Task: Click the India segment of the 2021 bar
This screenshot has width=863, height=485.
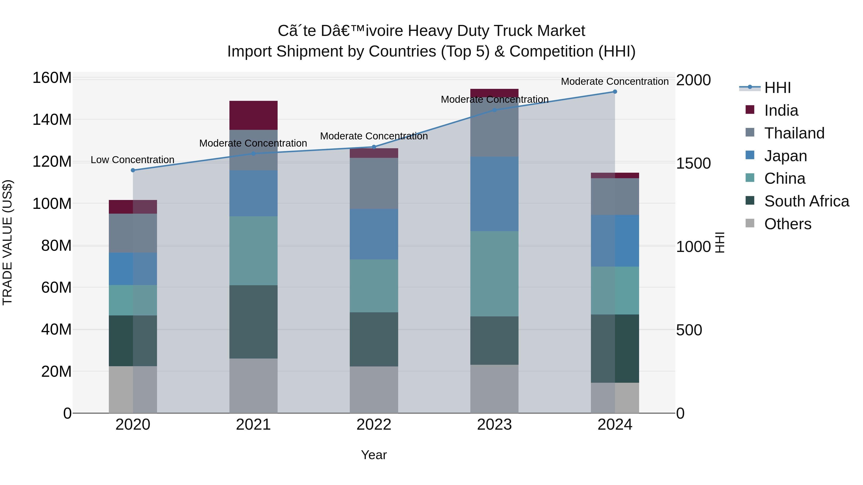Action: point(253,115)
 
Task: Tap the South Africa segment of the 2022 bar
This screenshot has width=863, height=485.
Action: point(374,339)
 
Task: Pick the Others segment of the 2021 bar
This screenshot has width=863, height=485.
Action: point(253,386)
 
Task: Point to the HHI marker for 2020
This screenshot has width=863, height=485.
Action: point(133,170)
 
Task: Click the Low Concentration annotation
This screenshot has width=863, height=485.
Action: point(132,160)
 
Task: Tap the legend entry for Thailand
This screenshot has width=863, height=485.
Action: point(794,133)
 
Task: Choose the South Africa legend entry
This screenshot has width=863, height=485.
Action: point(806,201)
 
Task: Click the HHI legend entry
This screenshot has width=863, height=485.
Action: point(777,88)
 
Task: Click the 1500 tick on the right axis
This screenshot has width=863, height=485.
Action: point(693,163)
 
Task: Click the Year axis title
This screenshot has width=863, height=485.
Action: point(374,455)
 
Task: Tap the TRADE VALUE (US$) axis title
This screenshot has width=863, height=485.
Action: point(7,242)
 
